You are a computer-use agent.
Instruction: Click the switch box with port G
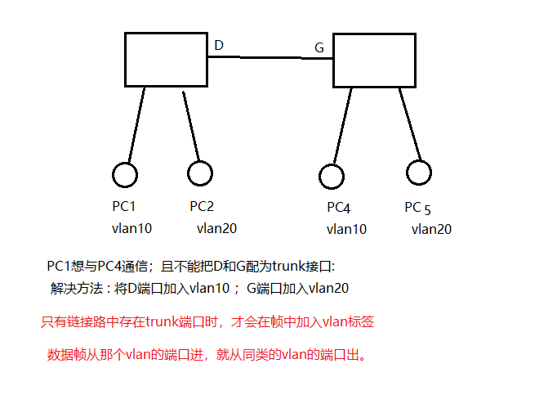coord(374,59)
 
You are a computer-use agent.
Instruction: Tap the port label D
coord(219,45)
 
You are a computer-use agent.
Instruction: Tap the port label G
coord(319,48)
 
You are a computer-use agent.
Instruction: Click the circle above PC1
coord(124,175)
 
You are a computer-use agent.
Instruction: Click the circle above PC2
coord(200,173)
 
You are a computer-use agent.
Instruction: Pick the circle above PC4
coord(331,176)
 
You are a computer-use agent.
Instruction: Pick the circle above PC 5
coord(418,173)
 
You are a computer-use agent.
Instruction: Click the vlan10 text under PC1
coord(132,228)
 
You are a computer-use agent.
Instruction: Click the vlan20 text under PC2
coord(216,228)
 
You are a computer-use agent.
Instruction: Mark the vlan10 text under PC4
coord(346,229)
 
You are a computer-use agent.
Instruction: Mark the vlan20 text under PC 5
coord(431,229)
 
